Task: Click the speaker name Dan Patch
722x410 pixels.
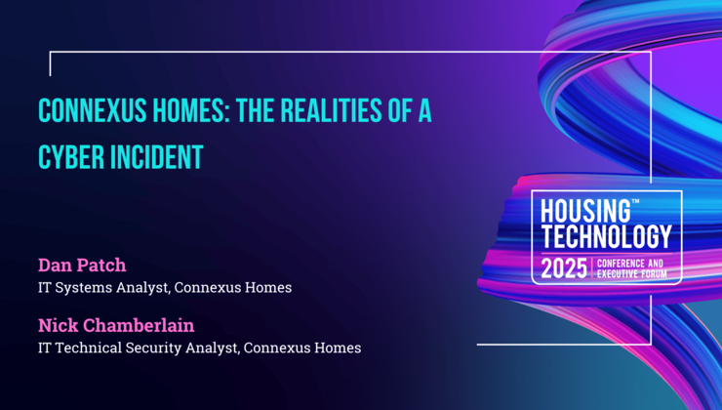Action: coord(82,265)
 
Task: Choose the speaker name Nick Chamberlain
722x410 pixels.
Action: coord(115,324)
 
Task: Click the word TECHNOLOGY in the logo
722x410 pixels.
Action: coord(606,236)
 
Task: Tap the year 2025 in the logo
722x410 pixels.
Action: coord(564,266)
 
